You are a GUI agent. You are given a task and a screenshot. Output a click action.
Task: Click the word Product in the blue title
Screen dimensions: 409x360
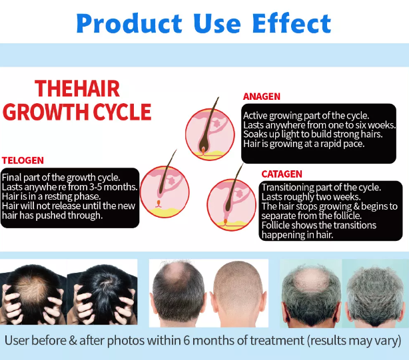(129, 23)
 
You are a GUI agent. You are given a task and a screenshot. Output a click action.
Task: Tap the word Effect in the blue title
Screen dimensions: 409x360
(292, 23)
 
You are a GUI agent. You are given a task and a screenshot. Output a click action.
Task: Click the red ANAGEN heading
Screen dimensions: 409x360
(262, 96)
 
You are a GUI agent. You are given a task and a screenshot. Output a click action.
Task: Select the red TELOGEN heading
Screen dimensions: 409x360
(23, 160)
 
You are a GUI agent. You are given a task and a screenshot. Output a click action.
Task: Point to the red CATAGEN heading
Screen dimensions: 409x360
(282, 174)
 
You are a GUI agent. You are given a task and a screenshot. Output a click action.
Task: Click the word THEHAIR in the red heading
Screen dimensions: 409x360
(77, 89)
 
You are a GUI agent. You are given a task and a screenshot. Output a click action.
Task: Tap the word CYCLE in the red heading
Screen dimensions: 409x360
(122, 112)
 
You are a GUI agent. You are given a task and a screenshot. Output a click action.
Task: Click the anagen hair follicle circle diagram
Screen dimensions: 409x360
(210, 134)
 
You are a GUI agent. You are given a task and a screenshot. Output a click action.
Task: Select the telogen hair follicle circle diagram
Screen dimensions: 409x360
(165, 192)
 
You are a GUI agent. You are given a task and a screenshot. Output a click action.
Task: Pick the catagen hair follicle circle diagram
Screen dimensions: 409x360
(232, 205)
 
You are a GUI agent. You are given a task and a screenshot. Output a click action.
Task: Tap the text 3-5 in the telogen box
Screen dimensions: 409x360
(95, 187)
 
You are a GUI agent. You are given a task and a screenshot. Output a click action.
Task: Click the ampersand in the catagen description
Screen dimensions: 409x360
(356, 206)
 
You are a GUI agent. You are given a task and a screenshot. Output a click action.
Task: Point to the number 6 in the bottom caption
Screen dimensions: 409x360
(187, 341)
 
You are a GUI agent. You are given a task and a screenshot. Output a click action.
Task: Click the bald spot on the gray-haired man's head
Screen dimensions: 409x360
(310, 280)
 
